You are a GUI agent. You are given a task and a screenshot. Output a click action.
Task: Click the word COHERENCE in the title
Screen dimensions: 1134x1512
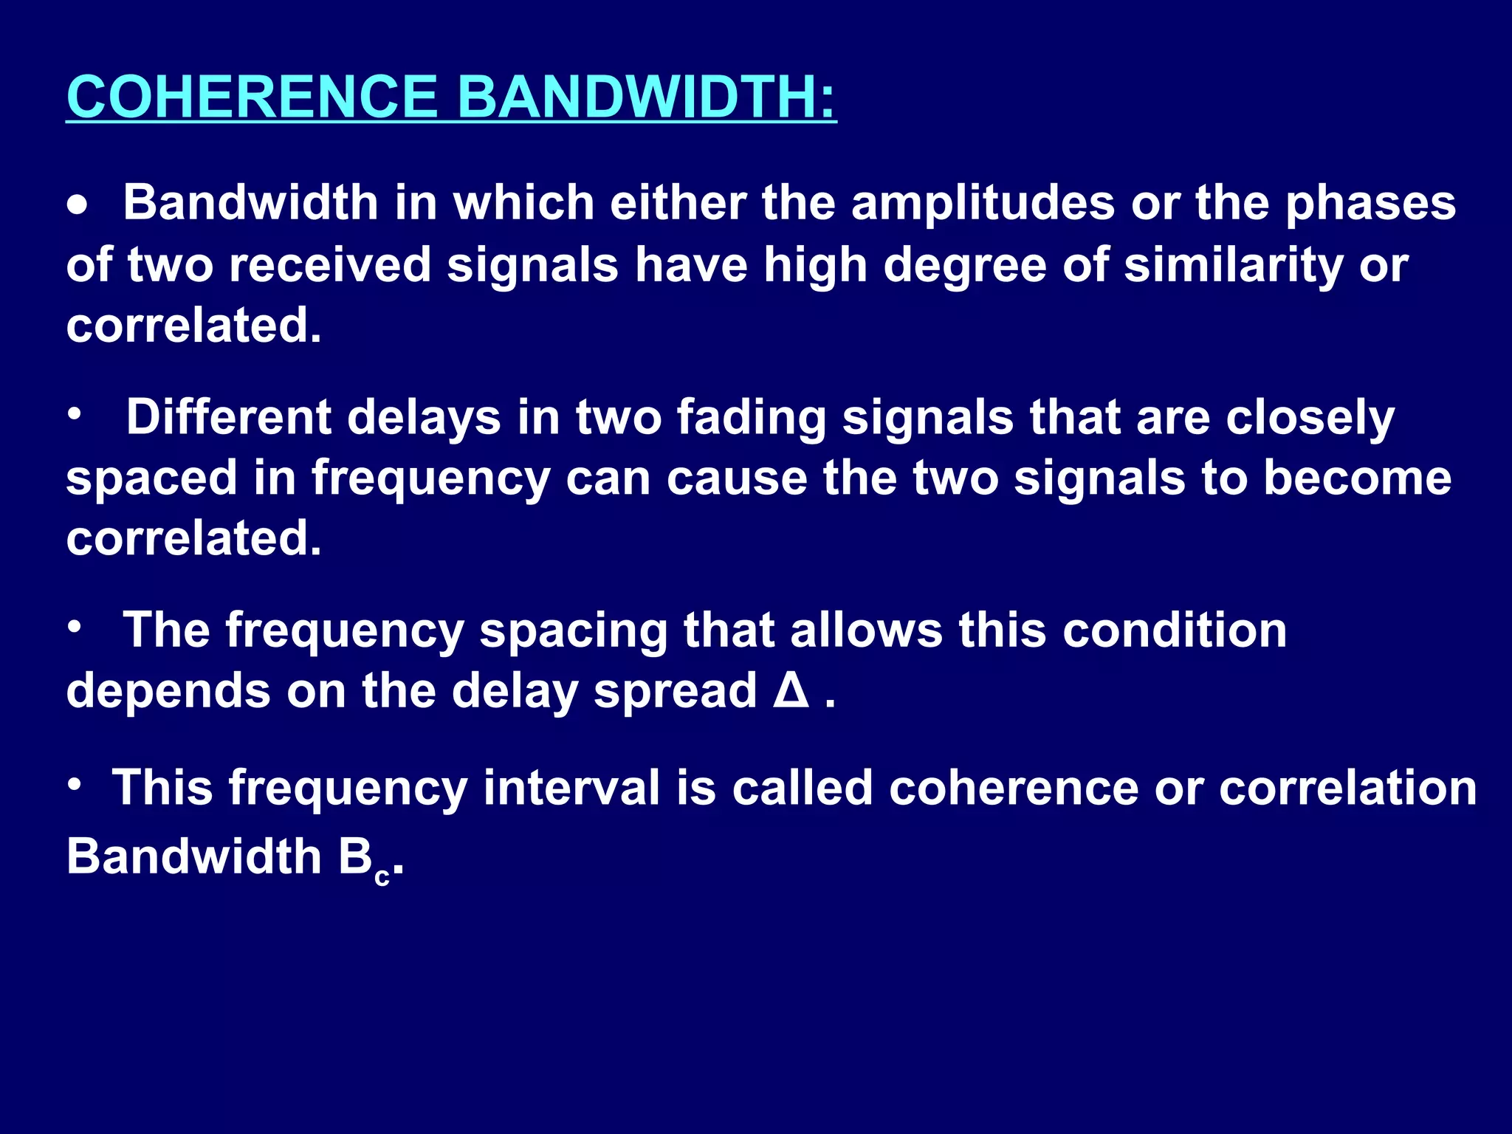pos(252,97)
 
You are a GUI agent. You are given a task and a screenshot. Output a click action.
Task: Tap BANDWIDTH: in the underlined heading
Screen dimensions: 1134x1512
pos(647,97)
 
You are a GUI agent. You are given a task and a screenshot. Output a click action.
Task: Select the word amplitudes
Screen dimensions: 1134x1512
pos(983,203)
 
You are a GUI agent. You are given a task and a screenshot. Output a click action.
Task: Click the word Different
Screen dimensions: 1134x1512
pos(228,417)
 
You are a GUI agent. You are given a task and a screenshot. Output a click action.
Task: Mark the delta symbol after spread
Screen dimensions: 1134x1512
pos(791,691)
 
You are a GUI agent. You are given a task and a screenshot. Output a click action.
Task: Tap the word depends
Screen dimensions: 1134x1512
pos(168,693)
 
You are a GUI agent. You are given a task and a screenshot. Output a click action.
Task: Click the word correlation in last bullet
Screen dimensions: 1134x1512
pos(1347,788)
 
